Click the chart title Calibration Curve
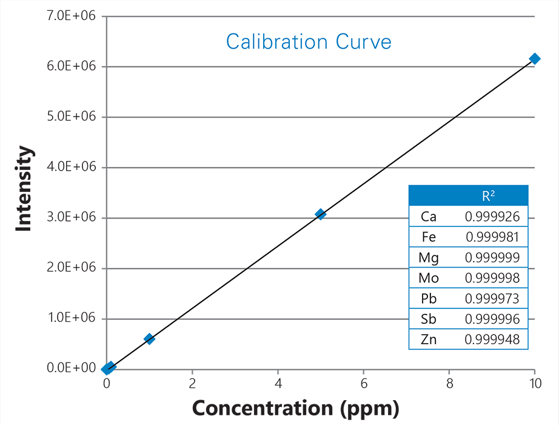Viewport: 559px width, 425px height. pyautogui.click(x=309, y=42)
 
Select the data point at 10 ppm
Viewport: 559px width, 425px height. pyautogui.click(x=535, y=58)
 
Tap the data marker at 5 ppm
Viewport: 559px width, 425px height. pyautogui.click(x=320, y=214)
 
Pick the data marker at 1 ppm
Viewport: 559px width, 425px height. pyautogui.click(x=149, y=339)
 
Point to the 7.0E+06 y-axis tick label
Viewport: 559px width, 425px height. pyautogui.click(x=71, y=16)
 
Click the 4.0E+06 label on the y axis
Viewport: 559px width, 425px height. pyautogui.click(x=71, y=168)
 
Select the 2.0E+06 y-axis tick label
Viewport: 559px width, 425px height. pyautogui.click(x=71, y=268)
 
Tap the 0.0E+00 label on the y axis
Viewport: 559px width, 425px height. pyautogui.click(x=71, y=369)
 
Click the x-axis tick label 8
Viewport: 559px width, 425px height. pyautogui.click(x=449, y=383)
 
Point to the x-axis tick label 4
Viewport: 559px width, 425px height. pyautogui.click(x=278, y=383)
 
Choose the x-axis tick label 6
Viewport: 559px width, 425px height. pyautogui.click(x=364, y=383)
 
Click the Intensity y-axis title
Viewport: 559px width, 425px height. pyautogui.click(x=24, y=188)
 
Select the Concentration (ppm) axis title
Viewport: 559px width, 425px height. pyautogui.click(x=296, y=407)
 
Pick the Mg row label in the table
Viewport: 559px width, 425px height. pyautogui.click(x=428, y=257)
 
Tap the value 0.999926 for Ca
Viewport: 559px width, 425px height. pyautogui.click(x=492, y=216)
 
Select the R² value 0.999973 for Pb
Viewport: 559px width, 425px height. pyautogui.click(x=492, y=299)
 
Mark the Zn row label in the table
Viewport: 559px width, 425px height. pyautogui.click(x=428, y=340)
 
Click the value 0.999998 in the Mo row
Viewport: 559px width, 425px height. pyautogui.click(x=492, y=278)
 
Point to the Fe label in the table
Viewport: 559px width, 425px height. pyautogui.click(x=428, y=237)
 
